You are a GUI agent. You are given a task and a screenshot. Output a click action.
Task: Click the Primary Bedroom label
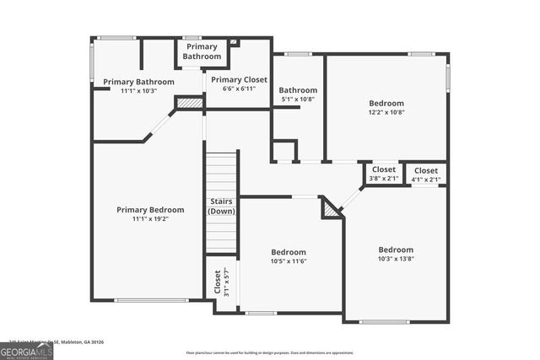pyautogui.click(x=149, y=210)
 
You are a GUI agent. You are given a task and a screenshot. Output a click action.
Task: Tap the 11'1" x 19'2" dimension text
pyautogui.click(x=149, y=218)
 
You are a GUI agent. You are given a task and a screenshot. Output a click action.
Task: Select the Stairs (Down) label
pyautogui.click(x=221, y=206)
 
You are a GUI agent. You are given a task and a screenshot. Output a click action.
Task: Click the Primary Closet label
pyautogui.click(x=239, y=79)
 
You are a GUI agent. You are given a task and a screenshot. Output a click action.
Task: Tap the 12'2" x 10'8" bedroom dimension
pyautogui.click(x=386, y=111)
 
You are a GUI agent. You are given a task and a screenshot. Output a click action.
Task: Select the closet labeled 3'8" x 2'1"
pyautogui.click(x=384, y=174)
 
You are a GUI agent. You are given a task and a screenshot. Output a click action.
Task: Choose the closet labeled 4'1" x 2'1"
pyautogui.click(x=425, y=174)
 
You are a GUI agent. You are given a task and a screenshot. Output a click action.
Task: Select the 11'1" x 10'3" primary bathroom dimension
pyautogui.click(x=138, y=90)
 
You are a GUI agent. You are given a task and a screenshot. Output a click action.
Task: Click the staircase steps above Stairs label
pyautogui.click(x=221, y=174)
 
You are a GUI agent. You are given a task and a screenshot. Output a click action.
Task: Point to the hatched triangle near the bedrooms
pyautogui.click(x=332, y=207)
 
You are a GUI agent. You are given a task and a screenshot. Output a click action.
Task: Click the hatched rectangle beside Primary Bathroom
pyautogui.click(x=190, y=103)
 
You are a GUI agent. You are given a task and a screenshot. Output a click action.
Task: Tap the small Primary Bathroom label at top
pyautogui.click(x=202, y=51)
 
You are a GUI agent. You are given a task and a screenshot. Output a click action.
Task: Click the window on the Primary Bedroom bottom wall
pyautogui.click(x=152, y=300)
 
